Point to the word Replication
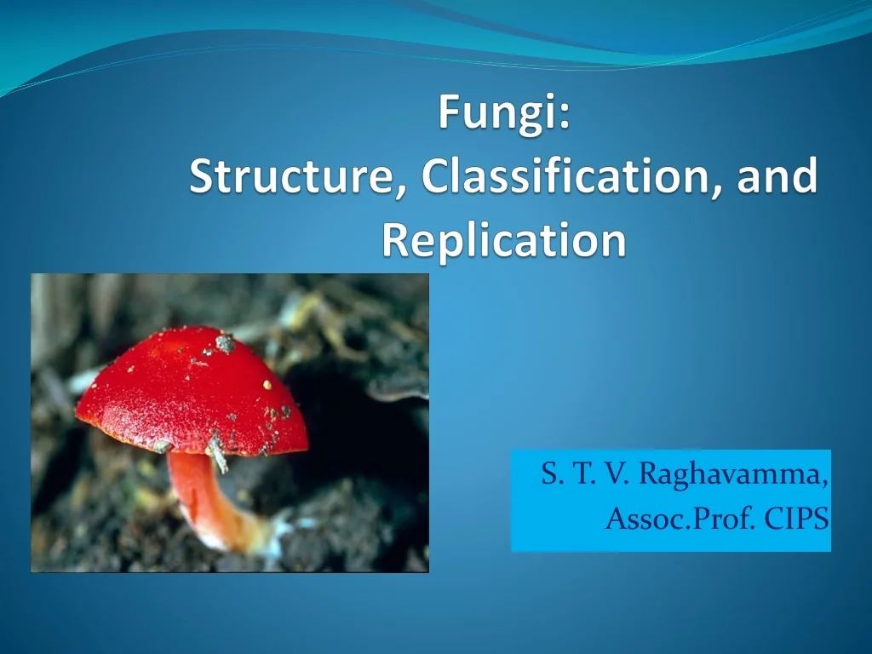pyautogui.click(x=503, y=241)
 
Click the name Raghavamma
pyautogui.click(x=731, y=474)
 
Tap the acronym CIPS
pyautogui.click(x=796, y=519)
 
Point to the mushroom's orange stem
pyautogui.click(x=204, y=494)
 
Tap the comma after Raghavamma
pyautogui.click(x=827, y=482)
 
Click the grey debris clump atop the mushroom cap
pyautogui.click(x=225, y=343)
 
